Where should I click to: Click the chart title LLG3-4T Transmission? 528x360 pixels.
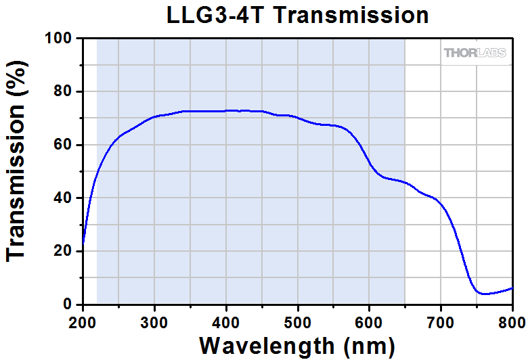298,15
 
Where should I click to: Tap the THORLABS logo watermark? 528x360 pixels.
475,53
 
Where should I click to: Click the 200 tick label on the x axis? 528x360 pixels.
83,321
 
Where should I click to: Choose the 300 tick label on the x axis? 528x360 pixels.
154,321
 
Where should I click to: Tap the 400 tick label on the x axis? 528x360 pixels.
226,321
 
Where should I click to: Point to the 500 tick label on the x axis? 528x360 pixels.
298,321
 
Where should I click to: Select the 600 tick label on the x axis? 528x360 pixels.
370,321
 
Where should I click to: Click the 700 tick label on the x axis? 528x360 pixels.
441,321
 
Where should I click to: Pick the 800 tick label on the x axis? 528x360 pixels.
512,321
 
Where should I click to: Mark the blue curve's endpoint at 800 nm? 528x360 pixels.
512,288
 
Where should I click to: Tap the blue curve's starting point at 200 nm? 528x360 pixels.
83,242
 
